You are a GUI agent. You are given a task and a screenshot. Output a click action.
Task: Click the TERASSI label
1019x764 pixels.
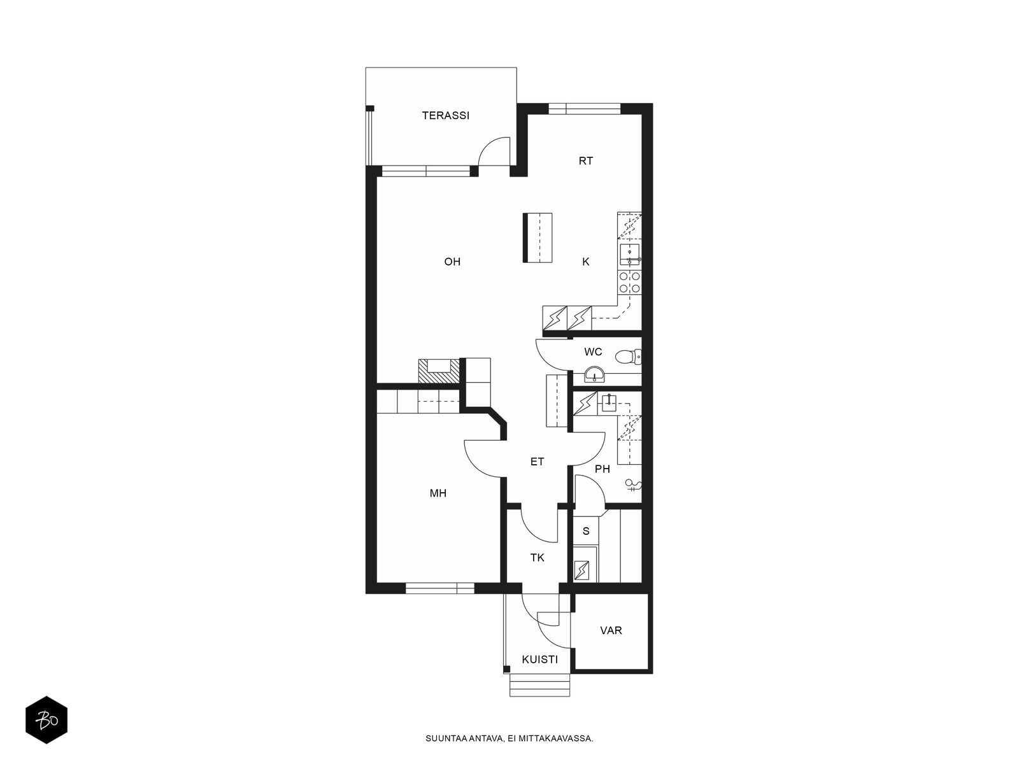(x=445, y=115)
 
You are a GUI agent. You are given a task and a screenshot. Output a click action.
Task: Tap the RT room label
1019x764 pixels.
(x=585, y=161)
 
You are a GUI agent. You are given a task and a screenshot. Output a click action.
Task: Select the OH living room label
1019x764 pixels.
(x=452, y=262)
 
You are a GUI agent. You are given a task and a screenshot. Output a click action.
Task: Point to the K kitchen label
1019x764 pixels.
(x=586, y=262)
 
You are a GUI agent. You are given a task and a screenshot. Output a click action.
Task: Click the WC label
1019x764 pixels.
(x=593, y=352)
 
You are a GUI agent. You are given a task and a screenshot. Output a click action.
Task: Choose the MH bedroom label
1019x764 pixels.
(x=438, y=493)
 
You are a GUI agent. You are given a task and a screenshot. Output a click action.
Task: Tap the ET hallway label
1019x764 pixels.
(x=537, y=462)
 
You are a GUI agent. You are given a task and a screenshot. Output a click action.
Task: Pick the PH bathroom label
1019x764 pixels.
(x=602, y=469)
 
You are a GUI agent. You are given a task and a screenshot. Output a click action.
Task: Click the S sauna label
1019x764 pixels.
(x=586, y=531)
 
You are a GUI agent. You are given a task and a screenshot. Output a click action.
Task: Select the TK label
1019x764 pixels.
(x=537, y=558)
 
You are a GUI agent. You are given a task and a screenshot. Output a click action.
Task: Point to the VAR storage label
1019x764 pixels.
(x=611, y=630)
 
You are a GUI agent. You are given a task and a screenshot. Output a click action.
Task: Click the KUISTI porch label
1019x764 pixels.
(x=539, y=660)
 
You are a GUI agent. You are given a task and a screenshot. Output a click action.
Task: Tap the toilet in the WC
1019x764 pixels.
(x=629, y=357)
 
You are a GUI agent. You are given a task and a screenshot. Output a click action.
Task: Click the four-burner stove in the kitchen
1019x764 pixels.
(x=630, y=283)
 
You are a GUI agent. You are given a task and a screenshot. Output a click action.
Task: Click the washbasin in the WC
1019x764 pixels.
(x=594, y=374)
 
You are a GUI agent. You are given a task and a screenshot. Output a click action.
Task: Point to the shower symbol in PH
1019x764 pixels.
(x=633, y=485)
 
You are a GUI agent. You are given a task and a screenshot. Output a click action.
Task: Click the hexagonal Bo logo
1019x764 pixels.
(x=46, y=720)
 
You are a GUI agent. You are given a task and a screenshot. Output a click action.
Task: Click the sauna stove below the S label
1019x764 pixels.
(x=581, y=570)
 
